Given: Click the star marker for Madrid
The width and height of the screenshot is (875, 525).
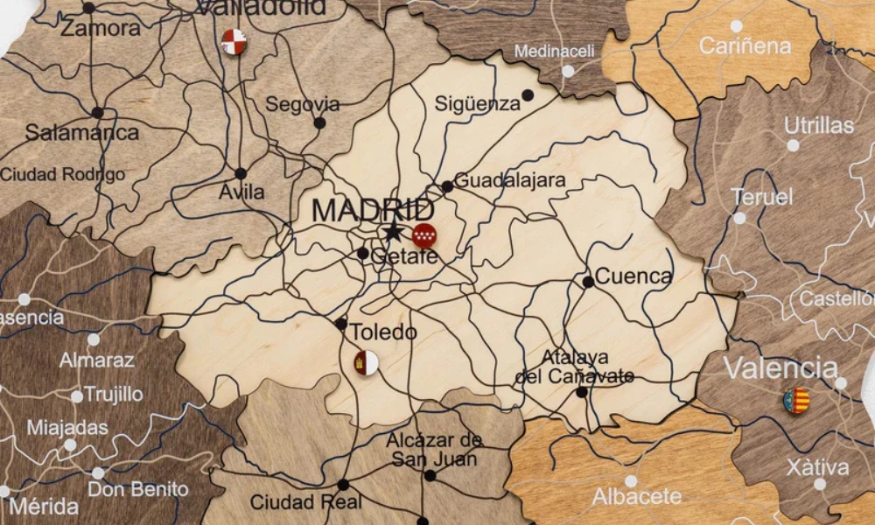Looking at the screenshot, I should coord(393,232).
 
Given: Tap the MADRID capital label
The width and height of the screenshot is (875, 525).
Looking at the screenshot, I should coord(373,211).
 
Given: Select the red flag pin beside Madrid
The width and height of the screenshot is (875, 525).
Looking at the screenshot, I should coord(424,234).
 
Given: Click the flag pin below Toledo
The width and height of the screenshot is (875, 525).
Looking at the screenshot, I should coord(366,362).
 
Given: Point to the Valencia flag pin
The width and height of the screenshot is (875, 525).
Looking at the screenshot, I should coord(796,401).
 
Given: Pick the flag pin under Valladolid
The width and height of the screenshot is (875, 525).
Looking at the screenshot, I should coord(234,41).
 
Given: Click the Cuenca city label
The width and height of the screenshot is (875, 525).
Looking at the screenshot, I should coord(633,277).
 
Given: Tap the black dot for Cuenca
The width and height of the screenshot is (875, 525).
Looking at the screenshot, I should coord(588,282).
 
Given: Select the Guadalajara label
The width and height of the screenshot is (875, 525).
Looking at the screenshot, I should coord(510,181).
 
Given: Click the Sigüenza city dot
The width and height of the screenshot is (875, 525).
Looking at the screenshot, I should coord(528,94).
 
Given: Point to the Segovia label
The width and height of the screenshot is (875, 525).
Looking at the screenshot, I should coord(303,104).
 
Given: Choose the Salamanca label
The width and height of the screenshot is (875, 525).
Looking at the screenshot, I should coord(81,133).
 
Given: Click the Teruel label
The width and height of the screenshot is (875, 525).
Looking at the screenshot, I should coord(762,197).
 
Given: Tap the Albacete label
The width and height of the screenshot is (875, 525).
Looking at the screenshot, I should coord(637,497).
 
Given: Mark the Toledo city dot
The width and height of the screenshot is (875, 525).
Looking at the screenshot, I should coord(340,324).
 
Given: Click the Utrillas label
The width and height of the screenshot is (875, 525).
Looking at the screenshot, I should coord(819,125).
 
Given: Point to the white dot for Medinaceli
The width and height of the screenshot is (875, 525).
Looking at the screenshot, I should coord(568,71).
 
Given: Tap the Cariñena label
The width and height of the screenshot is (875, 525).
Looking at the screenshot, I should coord(745,45).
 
